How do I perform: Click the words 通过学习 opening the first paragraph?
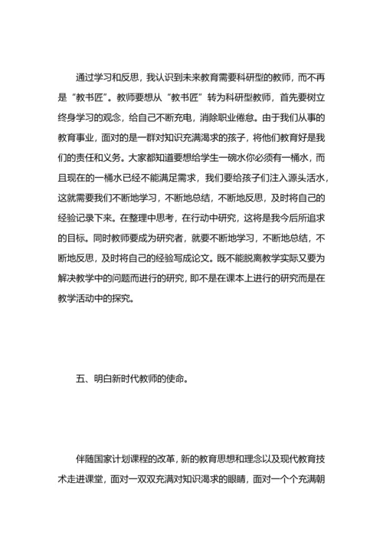click(x=94, y=77)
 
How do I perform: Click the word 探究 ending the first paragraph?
click(x=126, y=297)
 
